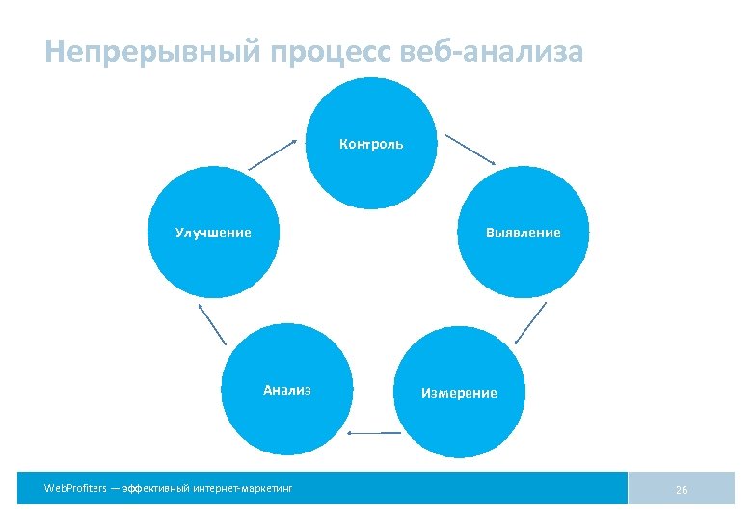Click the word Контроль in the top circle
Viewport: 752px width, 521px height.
[371, 145]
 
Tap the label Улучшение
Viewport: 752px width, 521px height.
[213, 233]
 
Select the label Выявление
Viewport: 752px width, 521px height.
[524, 233]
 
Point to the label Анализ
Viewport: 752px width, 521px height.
[287, 391]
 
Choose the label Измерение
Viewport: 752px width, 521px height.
[459, 393]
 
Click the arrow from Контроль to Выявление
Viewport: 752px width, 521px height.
[470, 149]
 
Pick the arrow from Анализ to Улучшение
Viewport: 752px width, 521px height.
[212, 324]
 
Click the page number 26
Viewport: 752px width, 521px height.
[682, 490]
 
